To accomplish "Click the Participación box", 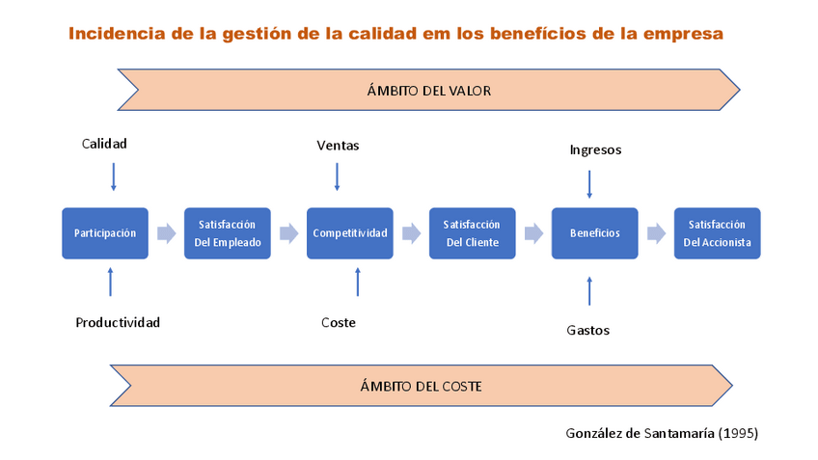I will pyautogui.click(x=105, y=233).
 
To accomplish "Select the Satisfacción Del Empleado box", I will pyautogui.click(x=228, y=233).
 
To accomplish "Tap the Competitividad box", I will pyautogui.click(x=350, y=233).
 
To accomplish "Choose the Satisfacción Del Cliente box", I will pyautogui.click(x=473, y=233).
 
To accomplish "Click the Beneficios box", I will pyautogui.click(x=594, y=233).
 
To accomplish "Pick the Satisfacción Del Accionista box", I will pyautogui.click(x=717, y=233).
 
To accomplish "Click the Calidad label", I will pyautogui.click(x=104, y=144).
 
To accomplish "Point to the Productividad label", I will pyautogui.click(x=118, y=322).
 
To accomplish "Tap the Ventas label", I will pyautogui.click(x=338, y=146).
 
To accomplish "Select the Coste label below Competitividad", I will pyautogui.click(x=339, y=322).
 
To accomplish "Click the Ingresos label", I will pyautogui.click(x=595, y=149).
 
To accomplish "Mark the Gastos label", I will pyautogui.click(x=587, y=330).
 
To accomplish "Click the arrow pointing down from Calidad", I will pyautogui.click(x=113, y=176).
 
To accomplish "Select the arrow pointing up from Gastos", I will pyautogui.click(x=589, y=290).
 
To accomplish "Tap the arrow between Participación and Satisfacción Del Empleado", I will pyautogui.click(x=166, y=233).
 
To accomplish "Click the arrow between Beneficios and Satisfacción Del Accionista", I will pyautogui.click(x=656, y=233).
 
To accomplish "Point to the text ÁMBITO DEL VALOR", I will pyautogui.click(x=429, y=91).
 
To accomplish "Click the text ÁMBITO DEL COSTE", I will pyautogui.click(x=421, y=387).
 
